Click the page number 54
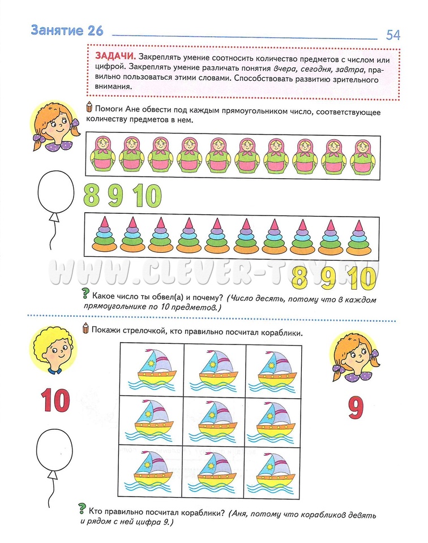(393, 35)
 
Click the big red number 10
(54, 400)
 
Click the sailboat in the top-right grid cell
(275, 368)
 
